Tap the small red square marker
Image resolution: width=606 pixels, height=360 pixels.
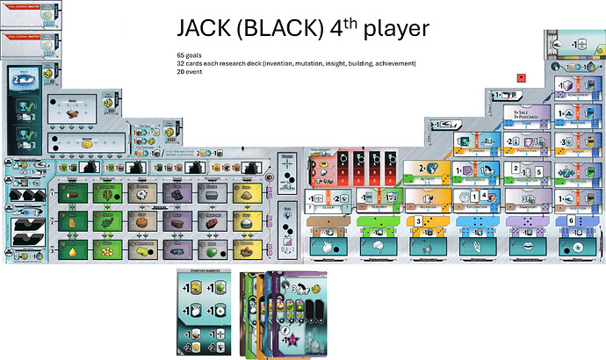coord(522,77)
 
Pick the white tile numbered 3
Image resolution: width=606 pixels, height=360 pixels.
coord(419,220)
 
